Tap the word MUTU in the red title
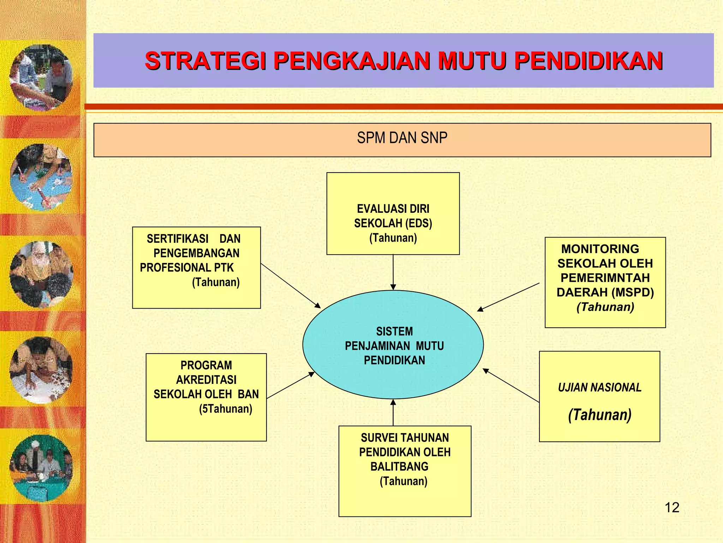(x=472, y=61)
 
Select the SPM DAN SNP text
(x=402, y=138)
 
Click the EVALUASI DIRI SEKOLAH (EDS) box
(x=393, y=214)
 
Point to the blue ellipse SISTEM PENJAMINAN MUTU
(x=393, y=345)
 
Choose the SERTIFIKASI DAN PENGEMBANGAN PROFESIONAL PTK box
(x=196, y=268)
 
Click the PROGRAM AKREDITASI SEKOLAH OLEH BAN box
(x=206, y=397)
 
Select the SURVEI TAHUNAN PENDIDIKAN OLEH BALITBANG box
(x=405, y=471)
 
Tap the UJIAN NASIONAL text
(x=599, y=388)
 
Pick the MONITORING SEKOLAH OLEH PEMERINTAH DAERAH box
(x=605, y=282)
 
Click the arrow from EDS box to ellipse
(x=393, y=272)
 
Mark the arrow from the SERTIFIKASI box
(x=290, y=286)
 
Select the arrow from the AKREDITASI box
(x=290, y=385)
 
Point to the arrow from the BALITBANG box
(x=393, y=413)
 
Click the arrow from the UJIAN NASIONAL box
(x=511, y=385)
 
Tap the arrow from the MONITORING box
(x=508, y=297)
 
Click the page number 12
(x=672, y=508)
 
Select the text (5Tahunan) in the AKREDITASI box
(x=226, y=409)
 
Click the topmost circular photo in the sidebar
(x=41, y=77)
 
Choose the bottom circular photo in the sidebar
(x=41, y=468)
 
